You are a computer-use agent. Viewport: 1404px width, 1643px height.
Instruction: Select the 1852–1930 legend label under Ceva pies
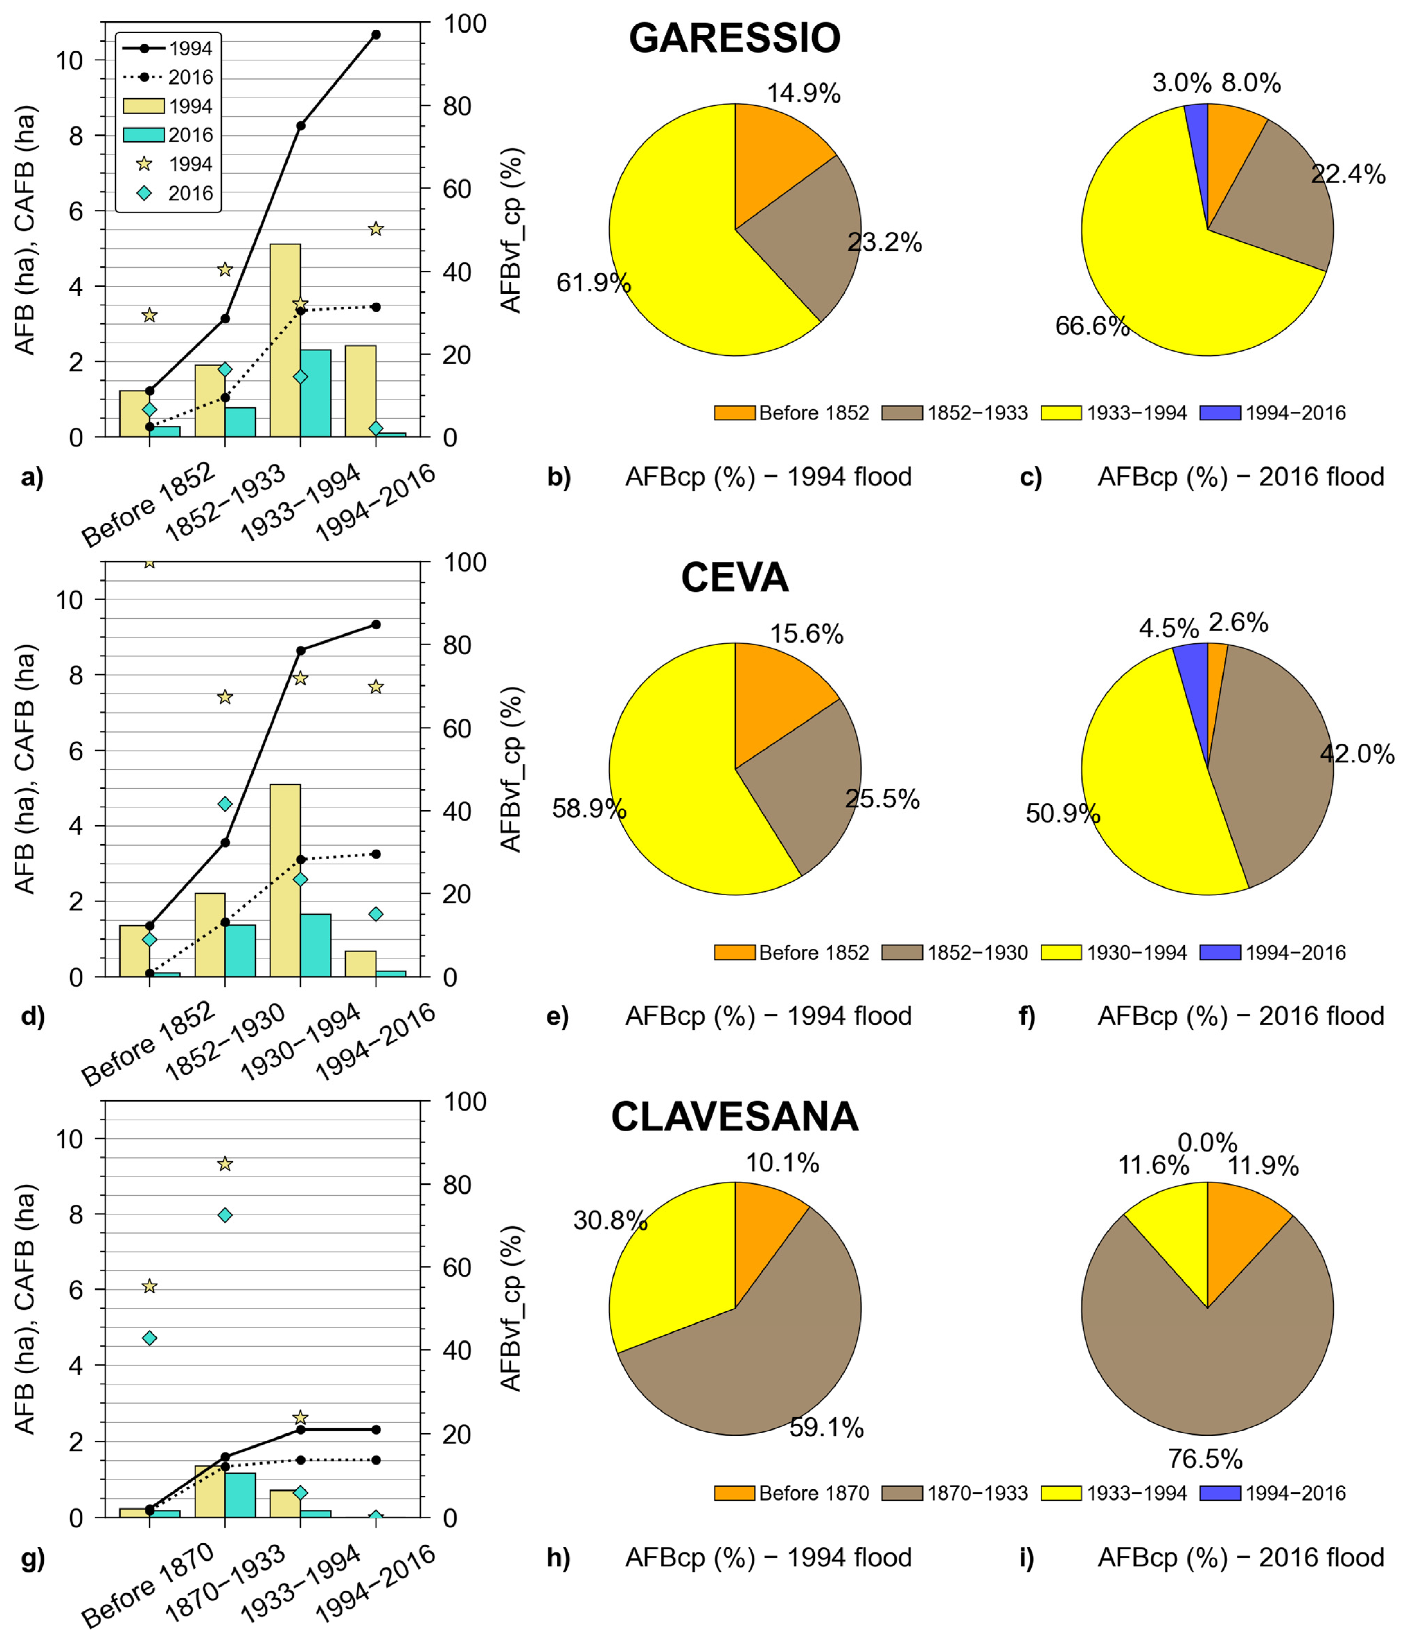(978, 952)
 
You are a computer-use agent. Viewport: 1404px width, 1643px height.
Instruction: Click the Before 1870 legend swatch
(734, 1493)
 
